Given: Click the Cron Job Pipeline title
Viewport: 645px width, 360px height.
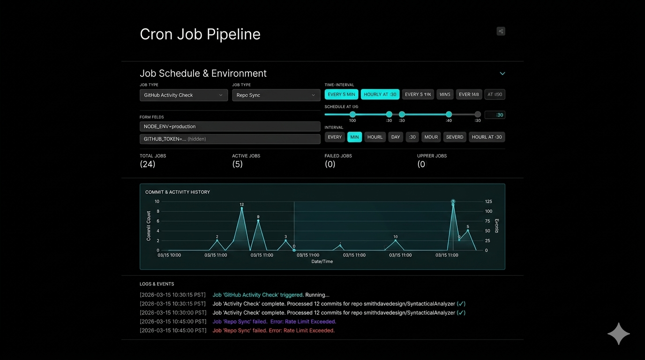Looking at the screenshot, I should pyautogui.click(x=200, y=34).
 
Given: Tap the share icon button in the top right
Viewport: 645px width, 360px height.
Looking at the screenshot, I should pyautogui.click(x=501, y=31).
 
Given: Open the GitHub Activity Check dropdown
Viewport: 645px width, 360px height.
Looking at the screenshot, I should pyautogui.click(x=183, y=95).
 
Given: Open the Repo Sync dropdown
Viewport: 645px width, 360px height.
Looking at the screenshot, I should pyautogui.click(x=276, y=95).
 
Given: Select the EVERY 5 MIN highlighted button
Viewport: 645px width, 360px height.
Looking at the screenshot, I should pyautogui.click(x=341, y=94).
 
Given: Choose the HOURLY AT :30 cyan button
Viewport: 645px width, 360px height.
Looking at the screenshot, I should pyautogui.click(x=380, y=94).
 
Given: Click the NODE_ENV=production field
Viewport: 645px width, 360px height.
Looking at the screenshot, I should pyautogui.click(x=230, y=127).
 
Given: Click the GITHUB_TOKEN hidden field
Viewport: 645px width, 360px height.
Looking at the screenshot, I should pyautogui.click(x=230, y=139).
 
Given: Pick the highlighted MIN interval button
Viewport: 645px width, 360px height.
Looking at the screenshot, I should pyautogui.click(x=354, y=137).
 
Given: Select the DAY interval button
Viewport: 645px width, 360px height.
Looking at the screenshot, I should pyautogui.click(x=396, y=137).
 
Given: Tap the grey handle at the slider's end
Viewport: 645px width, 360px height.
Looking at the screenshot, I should pyautogui.click(x=477, y=114).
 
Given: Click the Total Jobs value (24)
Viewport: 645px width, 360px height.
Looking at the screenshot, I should pyautogui.click(x=147, y=164).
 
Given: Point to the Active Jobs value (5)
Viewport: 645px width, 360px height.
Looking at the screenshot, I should pyautogui.click(x=237, y=164).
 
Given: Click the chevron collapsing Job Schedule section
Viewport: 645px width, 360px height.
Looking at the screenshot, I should pyautogui.click(x=502, y=74).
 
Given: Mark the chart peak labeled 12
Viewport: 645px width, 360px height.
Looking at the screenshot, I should pyautogui.click(x=242, y=208).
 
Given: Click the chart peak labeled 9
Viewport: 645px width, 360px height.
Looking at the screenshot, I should pyautogui.click(x=258, y=220).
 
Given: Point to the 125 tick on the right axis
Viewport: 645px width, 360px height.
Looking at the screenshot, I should pyautogui.click(x=488, y=202).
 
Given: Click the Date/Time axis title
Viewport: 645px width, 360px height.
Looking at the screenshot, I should pyautogui.click(x=322, y=262).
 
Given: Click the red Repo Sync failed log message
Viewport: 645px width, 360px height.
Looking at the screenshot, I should pyautogui.click(x=273, y=330).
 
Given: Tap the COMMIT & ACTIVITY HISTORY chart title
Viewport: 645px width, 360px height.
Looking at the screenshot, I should pyautogui.click(x=177, y=192).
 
